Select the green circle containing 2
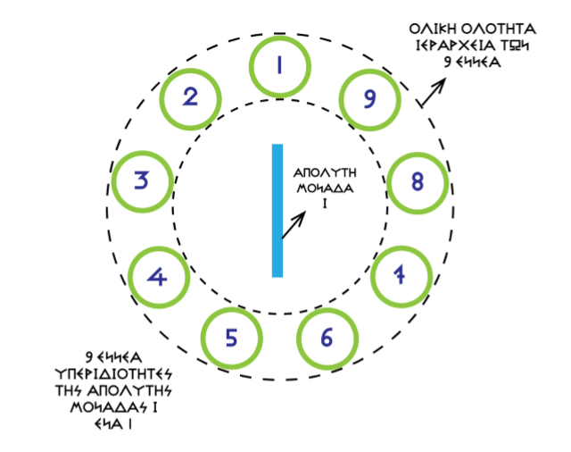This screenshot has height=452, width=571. (x=190, y=96)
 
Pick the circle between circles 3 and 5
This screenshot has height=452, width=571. (x=159, y=276)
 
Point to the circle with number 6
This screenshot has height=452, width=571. (x=327, y=338)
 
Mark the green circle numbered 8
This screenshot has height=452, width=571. (x=417, y=181)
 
